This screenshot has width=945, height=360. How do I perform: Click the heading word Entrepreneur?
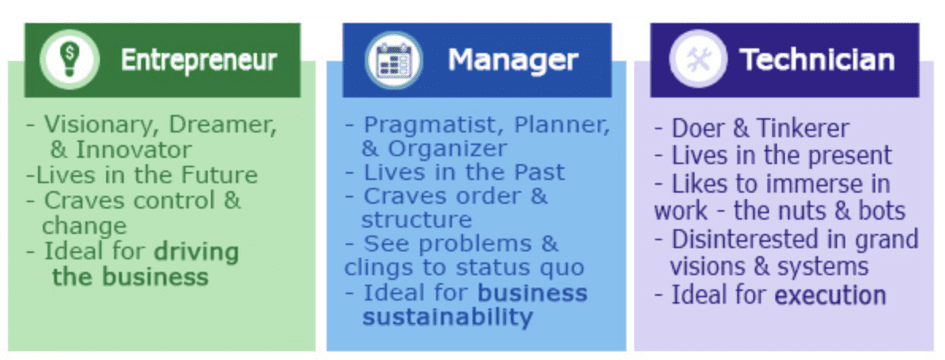click(198, 60)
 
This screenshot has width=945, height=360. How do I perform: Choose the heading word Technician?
click(817, 60)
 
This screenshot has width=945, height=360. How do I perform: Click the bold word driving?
click(196, 252)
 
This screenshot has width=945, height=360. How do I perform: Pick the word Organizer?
click(445, 148)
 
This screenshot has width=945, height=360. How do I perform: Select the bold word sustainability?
click(447, 317)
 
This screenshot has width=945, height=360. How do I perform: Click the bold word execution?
click(830, 296)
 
